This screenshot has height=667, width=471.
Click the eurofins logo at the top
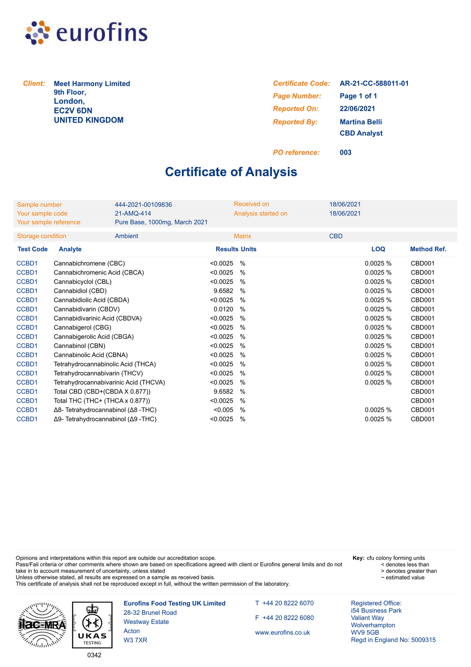[x=86, y=33]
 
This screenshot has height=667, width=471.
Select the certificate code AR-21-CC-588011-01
[x=374, y=84]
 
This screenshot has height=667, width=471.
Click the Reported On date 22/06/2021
[x=357, y=109]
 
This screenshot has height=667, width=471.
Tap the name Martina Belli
[x=361, y=122]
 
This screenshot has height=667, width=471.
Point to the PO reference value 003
[x=346, y=152]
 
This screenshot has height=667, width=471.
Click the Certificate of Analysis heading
[x=231, y=172]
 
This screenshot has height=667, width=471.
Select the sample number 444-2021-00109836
[x=143, y=205]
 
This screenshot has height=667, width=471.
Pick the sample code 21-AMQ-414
[x=133, y=214]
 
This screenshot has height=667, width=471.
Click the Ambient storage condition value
[x=126, y=236]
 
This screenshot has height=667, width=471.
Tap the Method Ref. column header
[x=428, y=249]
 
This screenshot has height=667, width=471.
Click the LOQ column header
[x=378, y=249]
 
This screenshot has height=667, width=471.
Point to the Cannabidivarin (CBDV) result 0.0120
[x=223, y=309]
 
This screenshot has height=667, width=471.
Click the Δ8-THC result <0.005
[x=223, y=410]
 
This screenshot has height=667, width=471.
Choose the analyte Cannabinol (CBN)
[x=80, y=346]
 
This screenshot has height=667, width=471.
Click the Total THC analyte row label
[x=102, y=401]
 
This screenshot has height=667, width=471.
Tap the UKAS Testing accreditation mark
[x=92, y=625]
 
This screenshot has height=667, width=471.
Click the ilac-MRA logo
[x=42, y=625]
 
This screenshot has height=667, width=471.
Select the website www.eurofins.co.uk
[x=282, y=633]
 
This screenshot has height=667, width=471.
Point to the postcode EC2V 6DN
[x=73, y=111]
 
